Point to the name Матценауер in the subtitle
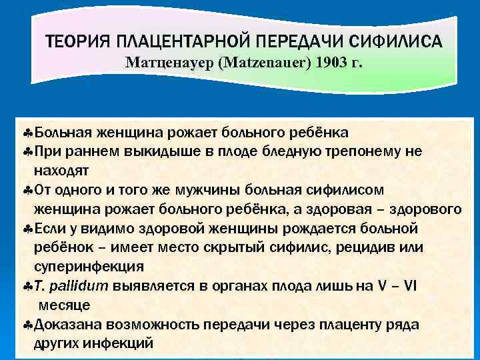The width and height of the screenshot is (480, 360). (162, 64)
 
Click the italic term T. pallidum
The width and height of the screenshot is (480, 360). (72, 287)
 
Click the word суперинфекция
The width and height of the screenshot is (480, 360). (89, 267)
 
